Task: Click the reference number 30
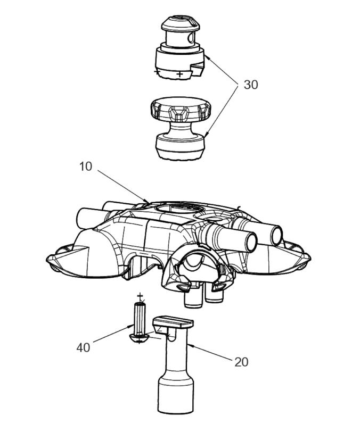coord(251,85)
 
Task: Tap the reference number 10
coord(86,167)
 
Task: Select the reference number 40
coord(83,347)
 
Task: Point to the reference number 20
coord(241,362)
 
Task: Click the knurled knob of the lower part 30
coord(181,111)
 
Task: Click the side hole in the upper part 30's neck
coord(191,38)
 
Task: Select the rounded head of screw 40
coord(139,338)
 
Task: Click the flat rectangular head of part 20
coord(173,322)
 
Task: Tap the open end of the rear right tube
coord(277,236)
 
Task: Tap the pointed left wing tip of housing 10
coord(47,258)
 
